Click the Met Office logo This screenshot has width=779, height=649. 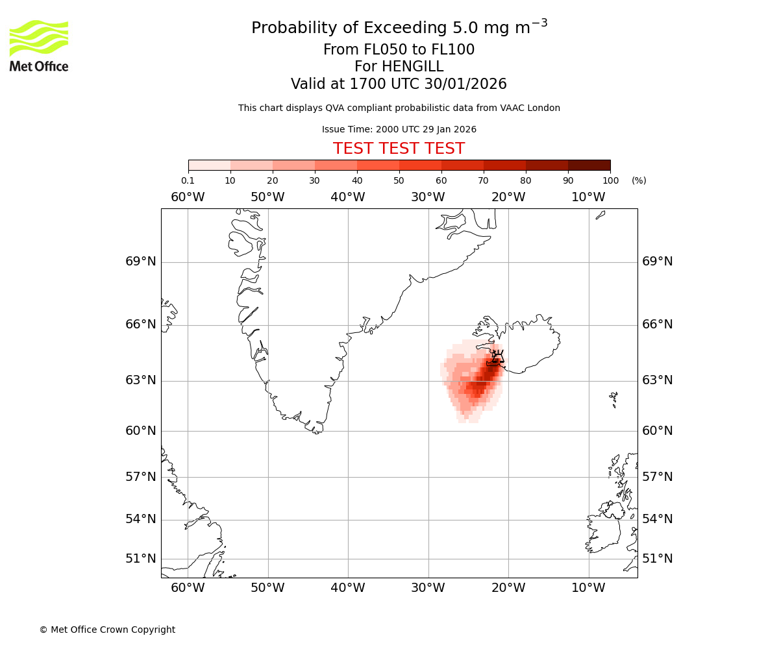39,45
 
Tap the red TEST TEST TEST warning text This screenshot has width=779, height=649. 399,149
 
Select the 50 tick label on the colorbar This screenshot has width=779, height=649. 399,180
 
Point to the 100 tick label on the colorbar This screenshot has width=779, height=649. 610,180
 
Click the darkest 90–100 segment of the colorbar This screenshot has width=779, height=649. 589,165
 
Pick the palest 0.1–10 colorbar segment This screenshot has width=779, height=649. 209,165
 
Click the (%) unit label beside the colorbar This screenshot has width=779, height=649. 639,180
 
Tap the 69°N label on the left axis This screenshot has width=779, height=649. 141,262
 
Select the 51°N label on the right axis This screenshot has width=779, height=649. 658,559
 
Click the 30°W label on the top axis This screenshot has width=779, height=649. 428,197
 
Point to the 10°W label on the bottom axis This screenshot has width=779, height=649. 588,588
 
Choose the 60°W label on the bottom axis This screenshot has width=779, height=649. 188,588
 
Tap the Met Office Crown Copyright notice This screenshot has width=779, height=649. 107,630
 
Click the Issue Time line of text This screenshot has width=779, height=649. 399,129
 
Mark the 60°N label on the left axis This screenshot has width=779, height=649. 141,431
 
